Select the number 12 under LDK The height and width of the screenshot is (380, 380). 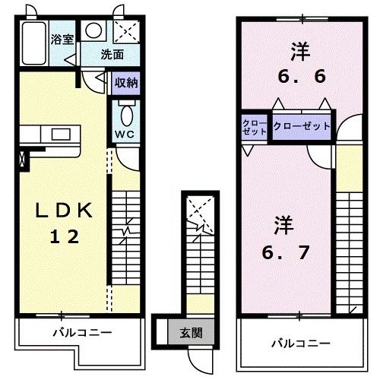pyautogui.click(x=62, y=236)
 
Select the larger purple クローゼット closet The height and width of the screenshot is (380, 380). pyautogui.click(x=302, y=126)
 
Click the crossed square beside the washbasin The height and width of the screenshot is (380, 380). pyautogui.click(x=124, y=30)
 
